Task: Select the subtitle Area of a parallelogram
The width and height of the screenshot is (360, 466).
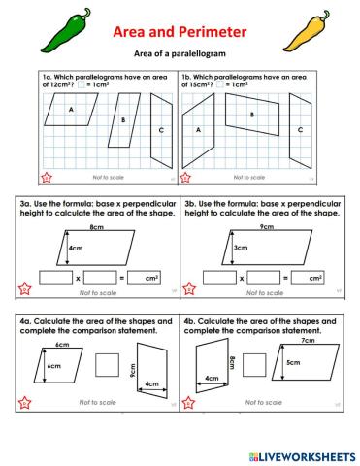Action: tap(180, 55)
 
